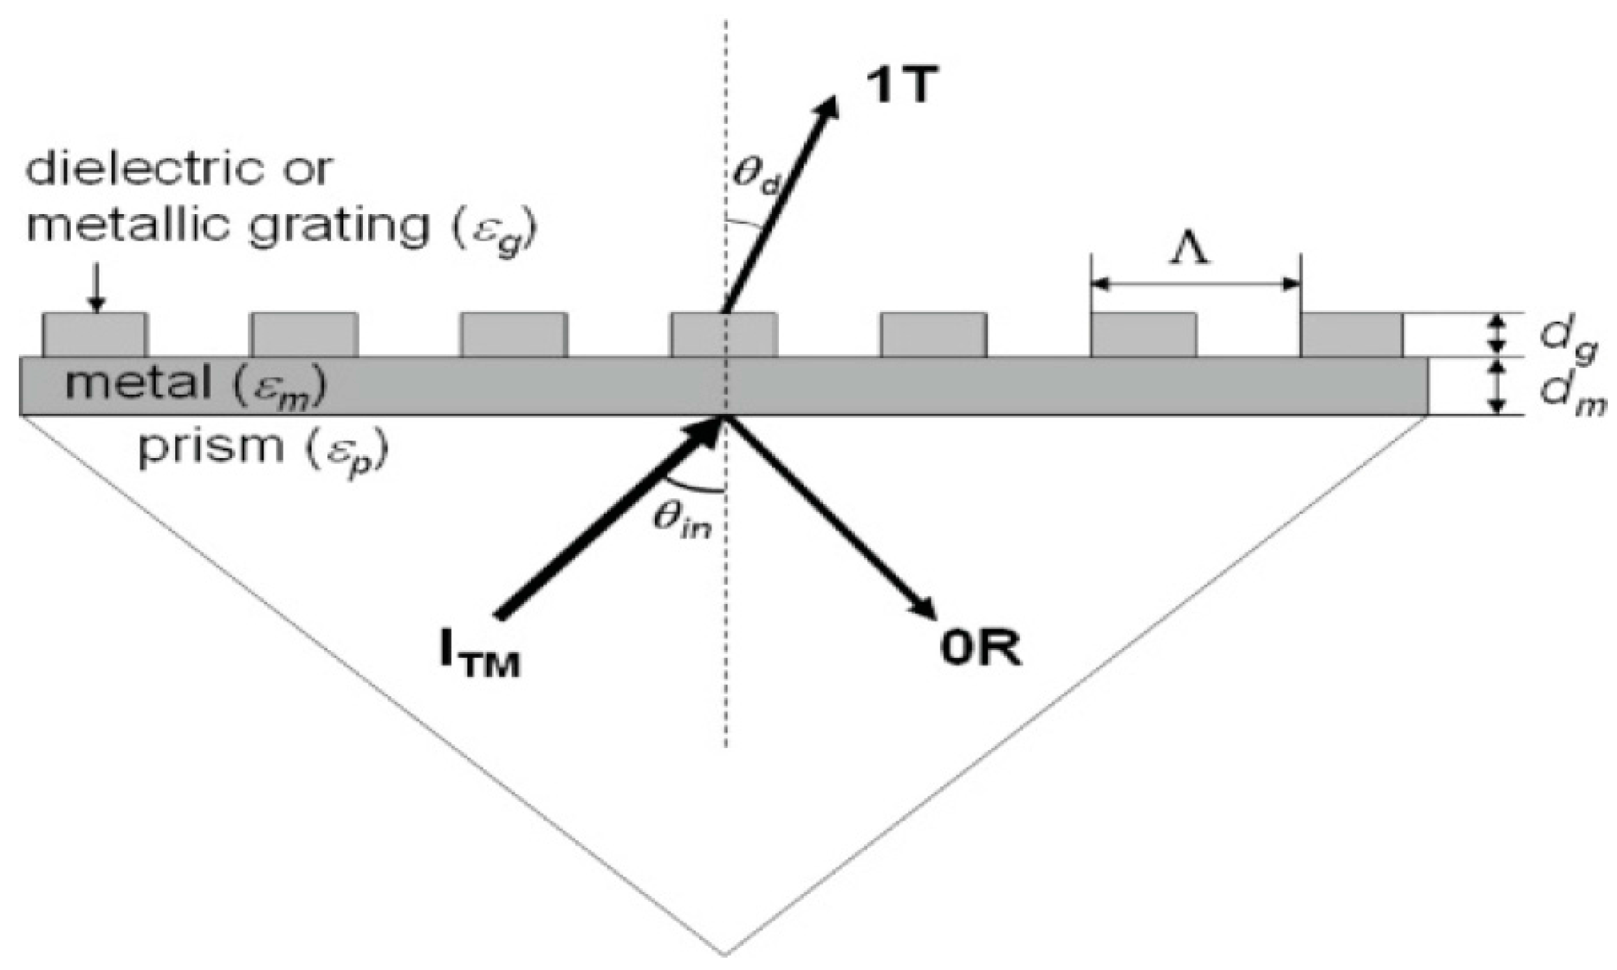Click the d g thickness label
1575,339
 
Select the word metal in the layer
138,385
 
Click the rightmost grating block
1352,335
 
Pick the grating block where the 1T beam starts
724,335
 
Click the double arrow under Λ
1195,284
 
